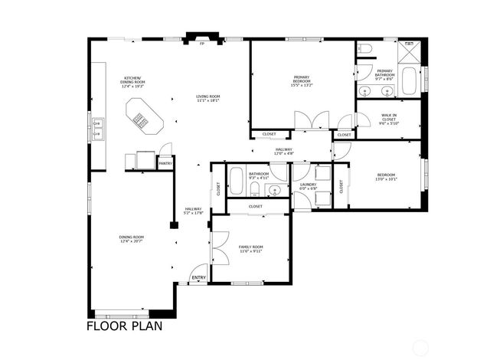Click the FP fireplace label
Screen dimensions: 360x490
tap(202, 44)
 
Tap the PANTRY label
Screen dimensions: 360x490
tap(165, 163)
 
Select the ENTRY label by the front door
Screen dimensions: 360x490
tap(198, 277)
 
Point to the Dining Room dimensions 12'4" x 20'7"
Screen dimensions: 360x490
tap(132, 242)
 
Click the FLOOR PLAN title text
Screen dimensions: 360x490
tap(123, 326)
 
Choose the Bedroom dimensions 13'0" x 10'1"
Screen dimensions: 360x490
tap(386, 181)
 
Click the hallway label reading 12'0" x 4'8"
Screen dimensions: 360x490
tap(284, 154)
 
